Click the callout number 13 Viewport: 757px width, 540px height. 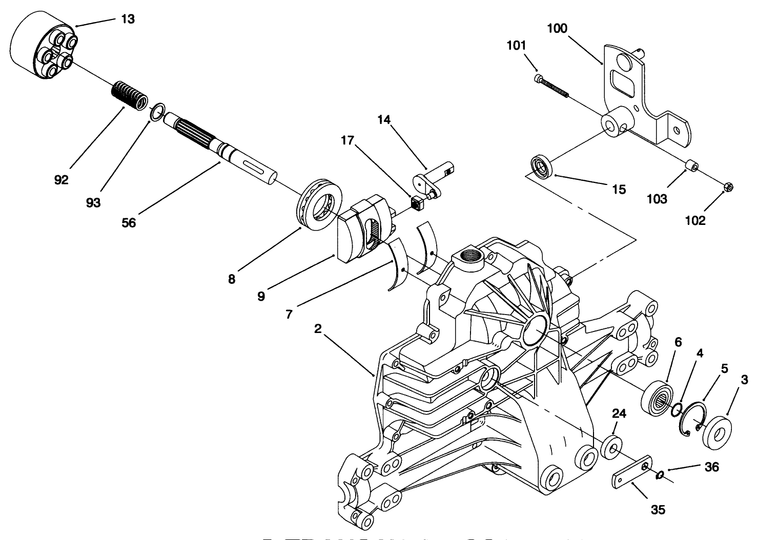click(x=128, y=19)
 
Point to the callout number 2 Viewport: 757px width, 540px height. click(x=318, y=329)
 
